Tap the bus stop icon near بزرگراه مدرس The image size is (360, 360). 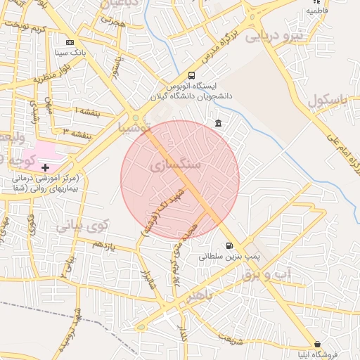click(192, 76)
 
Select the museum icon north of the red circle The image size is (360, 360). click(218, 124)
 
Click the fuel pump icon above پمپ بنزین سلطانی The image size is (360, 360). click(229, 245)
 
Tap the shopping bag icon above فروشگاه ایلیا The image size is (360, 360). click(318, 344)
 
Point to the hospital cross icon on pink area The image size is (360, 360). click(46, 167)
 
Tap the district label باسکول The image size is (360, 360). click(328, 100)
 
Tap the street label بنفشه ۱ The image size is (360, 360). click(87, 111)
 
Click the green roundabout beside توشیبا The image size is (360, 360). click(134, 118)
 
